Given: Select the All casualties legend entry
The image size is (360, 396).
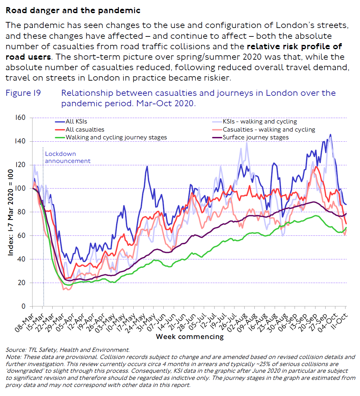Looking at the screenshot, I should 85,130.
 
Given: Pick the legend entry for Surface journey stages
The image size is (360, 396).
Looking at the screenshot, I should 255,137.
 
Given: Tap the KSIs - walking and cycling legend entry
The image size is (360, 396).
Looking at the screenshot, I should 259,121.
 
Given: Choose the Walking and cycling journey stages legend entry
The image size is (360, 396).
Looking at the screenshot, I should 116,137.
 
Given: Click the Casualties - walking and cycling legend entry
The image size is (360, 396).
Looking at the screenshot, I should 269,130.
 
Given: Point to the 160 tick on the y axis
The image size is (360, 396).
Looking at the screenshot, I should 20,117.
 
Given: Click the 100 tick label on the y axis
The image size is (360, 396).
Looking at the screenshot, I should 20,188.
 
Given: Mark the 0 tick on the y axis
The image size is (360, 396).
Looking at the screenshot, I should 23,306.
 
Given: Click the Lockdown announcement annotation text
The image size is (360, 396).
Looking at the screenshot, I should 67,157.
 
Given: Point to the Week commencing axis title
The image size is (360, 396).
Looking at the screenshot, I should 190,337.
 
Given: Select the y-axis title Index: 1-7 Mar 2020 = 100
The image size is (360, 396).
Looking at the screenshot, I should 11,212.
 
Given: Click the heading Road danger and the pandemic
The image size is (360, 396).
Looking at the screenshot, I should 73,10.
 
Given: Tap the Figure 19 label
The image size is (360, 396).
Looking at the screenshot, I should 23,93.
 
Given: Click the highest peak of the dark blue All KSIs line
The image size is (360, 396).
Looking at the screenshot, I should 330,135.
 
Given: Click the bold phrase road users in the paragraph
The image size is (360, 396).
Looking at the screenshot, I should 28,57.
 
